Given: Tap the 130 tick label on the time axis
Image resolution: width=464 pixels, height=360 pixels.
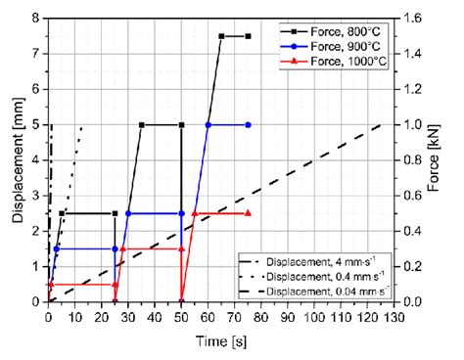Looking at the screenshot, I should tap(394, 315).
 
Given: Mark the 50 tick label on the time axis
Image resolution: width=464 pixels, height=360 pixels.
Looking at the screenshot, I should tap(181, 315).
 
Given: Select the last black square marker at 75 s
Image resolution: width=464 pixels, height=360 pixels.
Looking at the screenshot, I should tap(249, 36).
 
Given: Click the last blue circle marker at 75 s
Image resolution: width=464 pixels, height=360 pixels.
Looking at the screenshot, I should tap(249, 124).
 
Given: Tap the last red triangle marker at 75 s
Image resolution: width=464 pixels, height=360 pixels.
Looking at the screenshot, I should tap(249, 213).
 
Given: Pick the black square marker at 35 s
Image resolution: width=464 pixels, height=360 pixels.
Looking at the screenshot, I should tap(142, 124).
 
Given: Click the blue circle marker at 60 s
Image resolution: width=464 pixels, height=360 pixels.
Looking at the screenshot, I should tap(208, 124).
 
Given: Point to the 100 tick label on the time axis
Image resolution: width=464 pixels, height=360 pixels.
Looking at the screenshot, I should tap(314, 315).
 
